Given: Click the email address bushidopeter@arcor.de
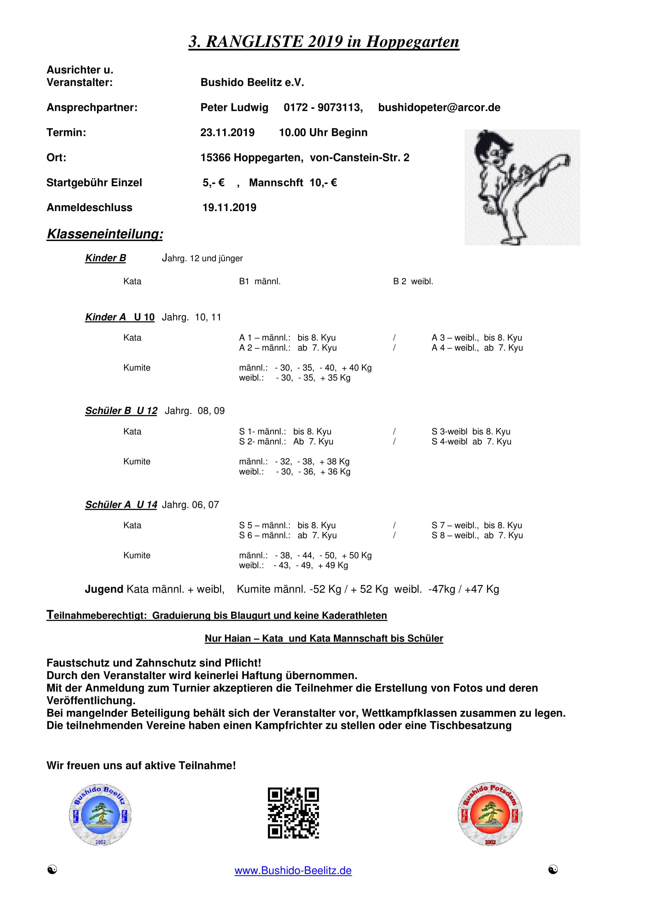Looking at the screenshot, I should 439,108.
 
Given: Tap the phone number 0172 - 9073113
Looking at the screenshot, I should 323,108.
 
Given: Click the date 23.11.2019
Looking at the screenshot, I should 227,132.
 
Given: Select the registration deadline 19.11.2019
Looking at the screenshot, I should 229,208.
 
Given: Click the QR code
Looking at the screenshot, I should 293,813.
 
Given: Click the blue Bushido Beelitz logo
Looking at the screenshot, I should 100,815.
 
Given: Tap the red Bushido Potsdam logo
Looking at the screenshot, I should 490,814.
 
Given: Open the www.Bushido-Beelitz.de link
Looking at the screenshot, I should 293,871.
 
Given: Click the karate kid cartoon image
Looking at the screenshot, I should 522,187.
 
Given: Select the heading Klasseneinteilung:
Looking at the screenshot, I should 105,234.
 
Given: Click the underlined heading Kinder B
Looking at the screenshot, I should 105,258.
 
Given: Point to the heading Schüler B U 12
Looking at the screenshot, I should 121,411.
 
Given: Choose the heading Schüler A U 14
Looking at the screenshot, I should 121,505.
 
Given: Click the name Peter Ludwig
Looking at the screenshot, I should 234,108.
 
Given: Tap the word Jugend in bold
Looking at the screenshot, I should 104,589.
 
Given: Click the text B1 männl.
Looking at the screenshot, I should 259,282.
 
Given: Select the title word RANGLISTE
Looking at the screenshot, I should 254,42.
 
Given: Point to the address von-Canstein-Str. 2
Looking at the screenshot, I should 359,157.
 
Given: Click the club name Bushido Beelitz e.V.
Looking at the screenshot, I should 252,83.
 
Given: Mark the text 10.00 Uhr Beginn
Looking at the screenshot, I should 323,132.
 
